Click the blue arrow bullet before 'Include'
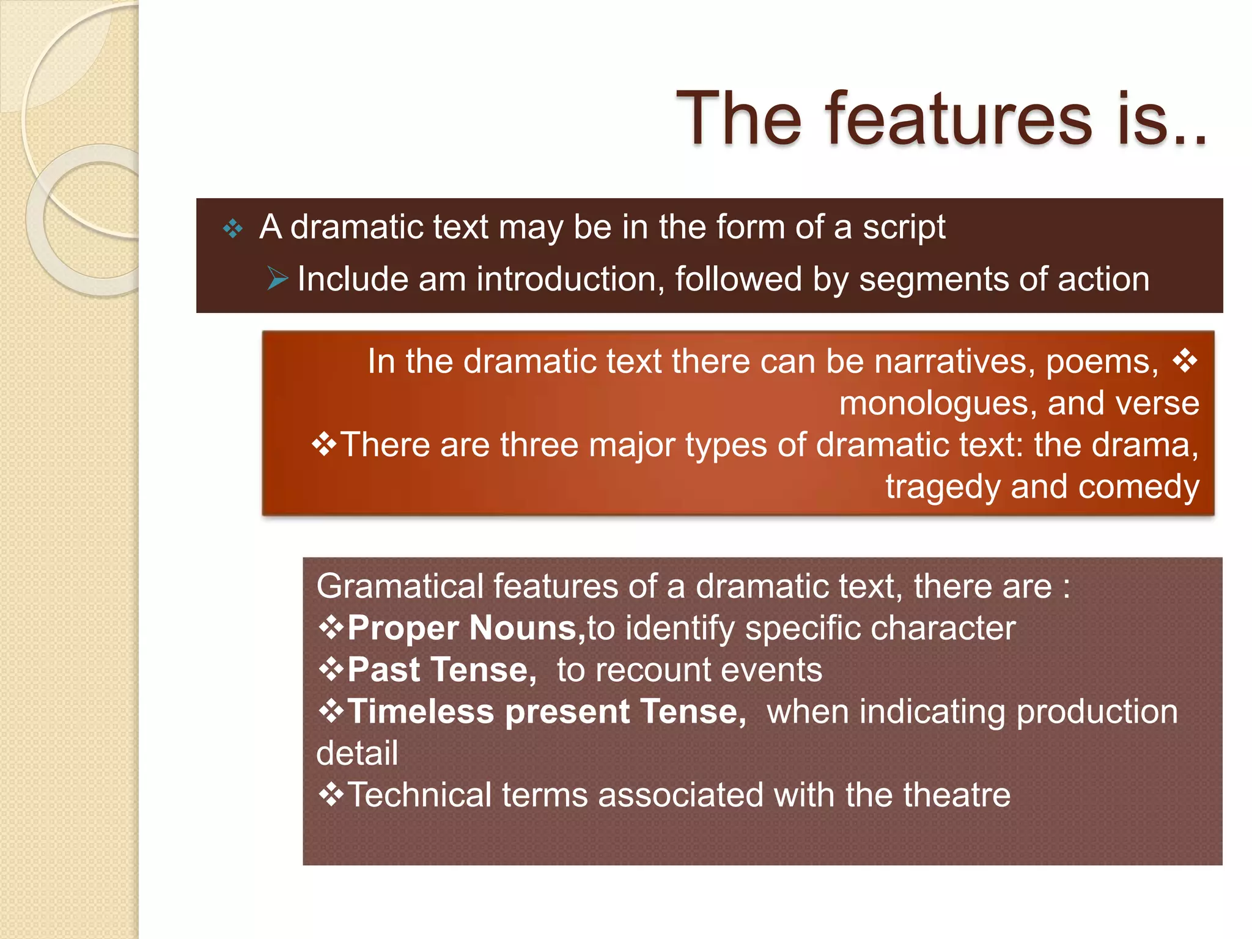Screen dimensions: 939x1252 point(278,279)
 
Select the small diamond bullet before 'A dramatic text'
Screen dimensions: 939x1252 point(233,229)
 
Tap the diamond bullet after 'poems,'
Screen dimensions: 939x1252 point(1185,361)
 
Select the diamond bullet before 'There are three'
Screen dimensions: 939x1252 point(324,444)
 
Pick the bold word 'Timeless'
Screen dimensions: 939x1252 point(420,712)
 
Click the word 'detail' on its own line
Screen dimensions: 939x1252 point(357,753)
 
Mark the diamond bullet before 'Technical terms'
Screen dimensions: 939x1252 point(331,795)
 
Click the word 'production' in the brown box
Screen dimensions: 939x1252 point(1097,712)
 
